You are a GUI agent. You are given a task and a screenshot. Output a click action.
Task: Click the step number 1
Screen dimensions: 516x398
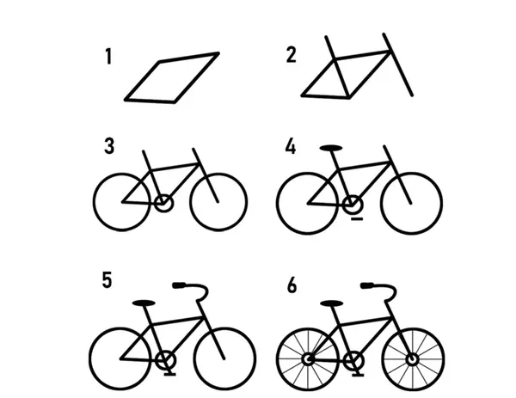109,56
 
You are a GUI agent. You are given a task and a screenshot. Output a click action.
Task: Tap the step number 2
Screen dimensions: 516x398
292,55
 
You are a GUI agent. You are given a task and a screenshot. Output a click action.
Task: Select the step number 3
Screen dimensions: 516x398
109,146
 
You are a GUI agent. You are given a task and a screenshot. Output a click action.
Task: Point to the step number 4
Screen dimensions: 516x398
291,146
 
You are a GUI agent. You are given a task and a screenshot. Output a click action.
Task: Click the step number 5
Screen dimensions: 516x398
107,280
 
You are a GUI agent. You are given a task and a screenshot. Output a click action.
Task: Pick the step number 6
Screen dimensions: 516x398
292,285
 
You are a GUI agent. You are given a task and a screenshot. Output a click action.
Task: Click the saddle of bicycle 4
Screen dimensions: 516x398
331,148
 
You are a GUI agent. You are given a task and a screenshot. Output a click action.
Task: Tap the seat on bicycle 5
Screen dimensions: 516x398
144,303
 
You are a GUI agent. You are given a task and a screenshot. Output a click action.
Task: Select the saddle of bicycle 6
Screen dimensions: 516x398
332,303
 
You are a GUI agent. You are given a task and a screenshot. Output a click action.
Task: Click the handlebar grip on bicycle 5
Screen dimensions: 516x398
179,285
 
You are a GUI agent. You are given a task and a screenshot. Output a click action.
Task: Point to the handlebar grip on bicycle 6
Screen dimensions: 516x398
367,285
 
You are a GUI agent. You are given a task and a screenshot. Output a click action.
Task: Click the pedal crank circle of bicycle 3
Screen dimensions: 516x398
163,203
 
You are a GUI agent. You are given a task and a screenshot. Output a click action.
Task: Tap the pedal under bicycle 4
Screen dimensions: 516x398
357,218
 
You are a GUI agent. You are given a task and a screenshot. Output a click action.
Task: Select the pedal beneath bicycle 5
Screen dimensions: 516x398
169,374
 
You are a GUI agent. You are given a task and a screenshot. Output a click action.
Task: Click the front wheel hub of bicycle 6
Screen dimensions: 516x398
412,359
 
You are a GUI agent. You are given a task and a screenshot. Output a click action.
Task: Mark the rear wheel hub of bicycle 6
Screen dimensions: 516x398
309,359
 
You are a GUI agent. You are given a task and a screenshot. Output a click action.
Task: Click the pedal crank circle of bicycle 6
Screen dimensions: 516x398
353,361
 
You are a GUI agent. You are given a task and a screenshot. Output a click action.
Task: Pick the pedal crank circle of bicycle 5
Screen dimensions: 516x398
165,360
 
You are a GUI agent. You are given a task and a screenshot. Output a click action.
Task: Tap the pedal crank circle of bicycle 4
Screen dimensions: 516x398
353,205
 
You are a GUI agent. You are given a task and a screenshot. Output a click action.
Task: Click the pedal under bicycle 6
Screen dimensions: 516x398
358,374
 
